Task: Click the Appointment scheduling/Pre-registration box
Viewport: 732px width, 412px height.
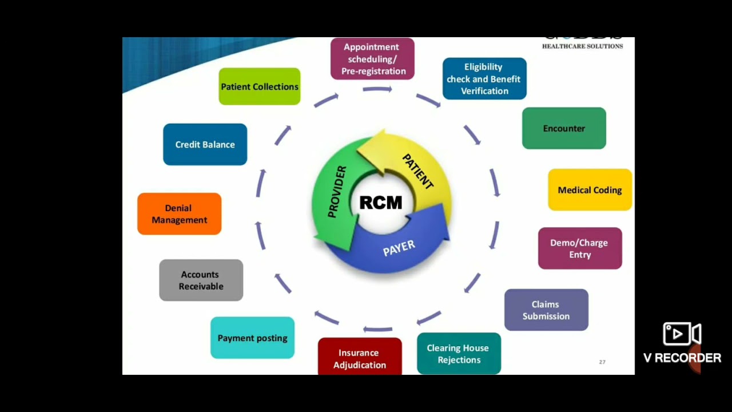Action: tap(372, 59)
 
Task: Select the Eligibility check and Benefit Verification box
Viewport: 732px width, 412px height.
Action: tap(484, 79)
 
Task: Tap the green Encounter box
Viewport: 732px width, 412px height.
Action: tap(564, 128)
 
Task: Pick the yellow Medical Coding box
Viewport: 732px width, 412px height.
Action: tap(590, 190)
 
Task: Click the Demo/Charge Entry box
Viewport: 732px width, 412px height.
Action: tap(580, 248)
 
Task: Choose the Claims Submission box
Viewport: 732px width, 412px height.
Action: tap(546, 310)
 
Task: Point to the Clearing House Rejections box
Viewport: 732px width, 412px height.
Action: tap(459, 354)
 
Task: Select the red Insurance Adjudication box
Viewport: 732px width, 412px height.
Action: tap(360, 358)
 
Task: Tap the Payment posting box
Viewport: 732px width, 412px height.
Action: tap(252, 338)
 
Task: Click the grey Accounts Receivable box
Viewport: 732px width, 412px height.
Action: tap(201, 280)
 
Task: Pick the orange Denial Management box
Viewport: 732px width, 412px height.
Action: tap(179, 214)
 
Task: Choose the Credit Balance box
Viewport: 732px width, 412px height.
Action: tap(205, 145)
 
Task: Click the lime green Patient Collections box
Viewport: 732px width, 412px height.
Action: tap(259, 86)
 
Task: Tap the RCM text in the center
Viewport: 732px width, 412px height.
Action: tap(381, 203)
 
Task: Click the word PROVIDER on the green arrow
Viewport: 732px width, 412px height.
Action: tap(337, 192)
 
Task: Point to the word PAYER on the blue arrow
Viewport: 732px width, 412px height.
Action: tap(399, 248)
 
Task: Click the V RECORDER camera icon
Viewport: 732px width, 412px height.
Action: tap(682, 334)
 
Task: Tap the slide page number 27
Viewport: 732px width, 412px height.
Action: tap(602, 362)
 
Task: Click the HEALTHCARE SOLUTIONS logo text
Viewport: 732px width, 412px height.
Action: tap(582, 46)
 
